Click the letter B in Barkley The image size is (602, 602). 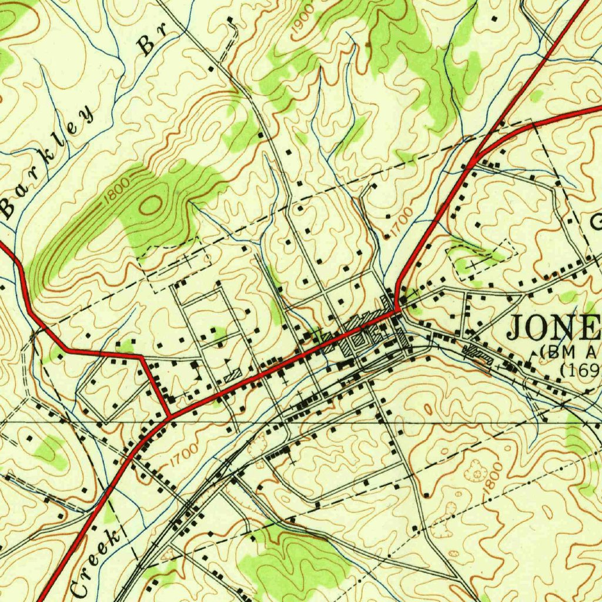8,206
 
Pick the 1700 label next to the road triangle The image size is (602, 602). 182,454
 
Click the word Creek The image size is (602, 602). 94,561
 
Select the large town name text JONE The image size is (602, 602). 553,328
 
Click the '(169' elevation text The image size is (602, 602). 579,370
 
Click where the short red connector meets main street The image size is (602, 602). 170,416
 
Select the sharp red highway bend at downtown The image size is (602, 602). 398,306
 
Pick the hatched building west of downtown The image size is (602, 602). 233,374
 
